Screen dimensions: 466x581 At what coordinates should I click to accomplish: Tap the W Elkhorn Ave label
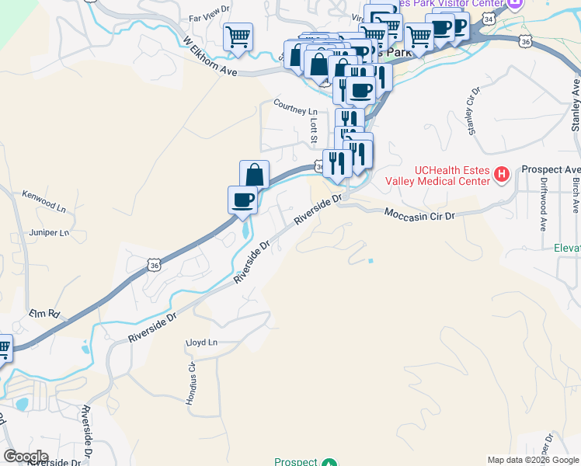209,57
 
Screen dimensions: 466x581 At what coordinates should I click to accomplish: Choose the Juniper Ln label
48,231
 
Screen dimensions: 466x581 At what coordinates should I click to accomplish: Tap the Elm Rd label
43,314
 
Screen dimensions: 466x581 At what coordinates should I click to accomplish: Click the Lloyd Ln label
201,342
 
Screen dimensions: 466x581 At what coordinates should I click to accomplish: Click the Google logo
26,456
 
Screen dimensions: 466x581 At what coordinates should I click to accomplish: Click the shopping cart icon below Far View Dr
238,36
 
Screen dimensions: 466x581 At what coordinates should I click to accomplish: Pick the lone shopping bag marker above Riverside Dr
254,173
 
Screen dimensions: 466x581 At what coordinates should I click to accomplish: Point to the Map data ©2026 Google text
532,460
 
